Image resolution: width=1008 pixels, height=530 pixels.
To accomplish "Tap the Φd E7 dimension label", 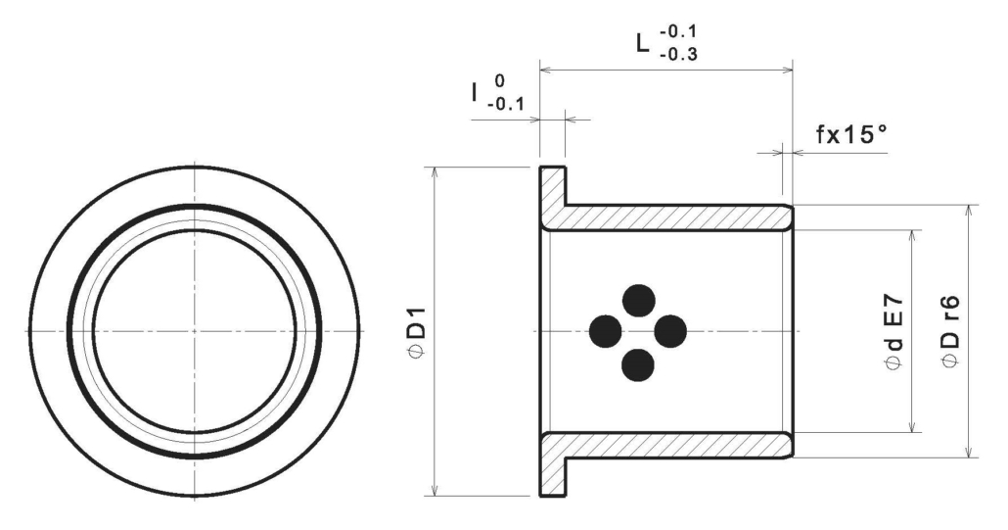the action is pyautogui.click(x=894, y=332).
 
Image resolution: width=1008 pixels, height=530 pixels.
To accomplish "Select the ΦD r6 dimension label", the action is pyautogui.click(x=951, y=332).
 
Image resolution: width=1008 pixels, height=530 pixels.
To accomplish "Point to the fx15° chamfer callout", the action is pyautogui.click(x=850, y=134).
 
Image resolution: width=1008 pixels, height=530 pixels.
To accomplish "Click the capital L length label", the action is pyautogui.click(x=644, y=44).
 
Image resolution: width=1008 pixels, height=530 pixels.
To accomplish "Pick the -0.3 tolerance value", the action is pyautogui.click(x=678, y=55).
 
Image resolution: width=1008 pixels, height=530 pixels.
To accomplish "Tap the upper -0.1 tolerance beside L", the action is pyautogui.click(x=678, y=31).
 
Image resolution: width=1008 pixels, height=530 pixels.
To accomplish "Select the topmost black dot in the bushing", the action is pyautogui.click(x=639, y=300).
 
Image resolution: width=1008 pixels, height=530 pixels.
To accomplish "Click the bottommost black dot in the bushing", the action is pyautogui.click(x=638, y=364).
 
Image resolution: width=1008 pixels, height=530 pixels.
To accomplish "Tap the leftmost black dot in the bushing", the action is pyautogui.click(x=606, y=331).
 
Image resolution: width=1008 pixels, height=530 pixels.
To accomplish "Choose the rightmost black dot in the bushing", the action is pyautogui.click(x=670, y=331).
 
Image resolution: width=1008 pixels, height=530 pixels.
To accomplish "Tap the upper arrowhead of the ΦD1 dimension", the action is pyautogui.click(x=435, y=171).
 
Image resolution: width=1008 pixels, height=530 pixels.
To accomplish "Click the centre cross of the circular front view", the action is pyautogui.click(x=195, y=331).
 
